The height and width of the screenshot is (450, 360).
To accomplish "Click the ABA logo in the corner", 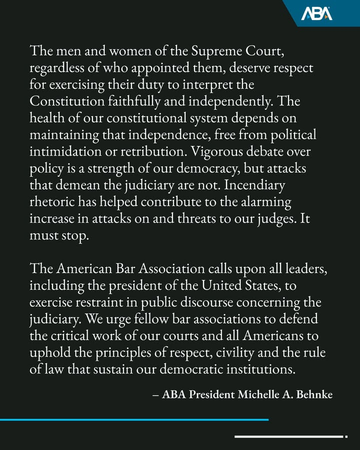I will click(316, 13).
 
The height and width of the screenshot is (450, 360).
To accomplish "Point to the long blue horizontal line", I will click(134, 419).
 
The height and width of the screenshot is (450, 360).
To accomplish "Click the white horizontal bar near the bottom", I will click(288, 436).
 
